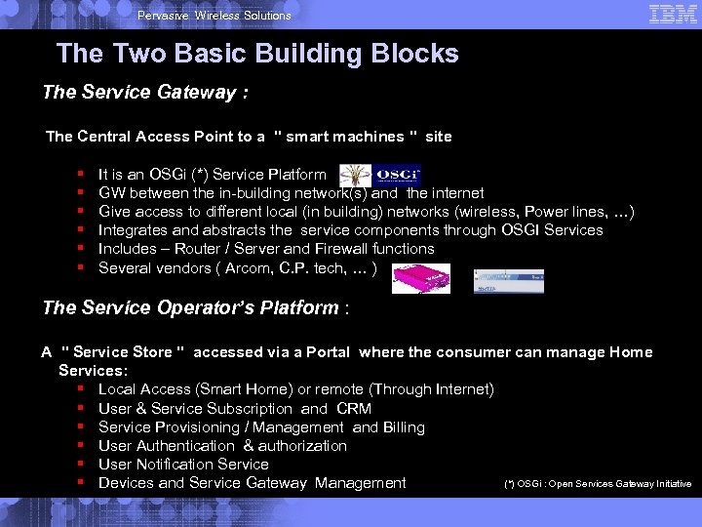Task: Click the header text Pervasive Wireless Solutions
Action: [214, 16]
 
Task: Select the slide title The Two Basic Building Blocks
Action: [257, 54]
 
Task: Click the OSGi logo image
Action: [398, 175]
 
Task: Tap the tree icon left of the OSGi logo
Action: [355, 176]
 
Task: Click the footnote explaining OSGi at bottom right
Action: [598, 484]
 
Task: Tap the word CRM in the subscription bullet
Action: [354, 409]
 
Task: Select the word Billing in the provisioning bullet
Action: [404, 427]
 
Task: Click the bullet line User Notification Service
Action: [184, 465]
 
